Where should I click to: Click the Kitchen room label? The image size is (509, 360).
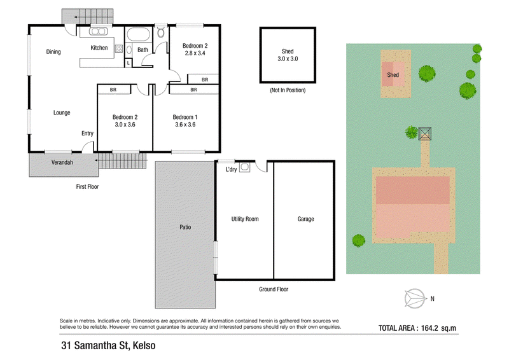click(99, 48)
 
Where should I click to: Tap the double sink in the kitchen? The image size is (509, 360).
click(99, 32)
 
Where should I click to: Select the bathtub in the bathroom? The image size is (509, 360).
click(138, 35)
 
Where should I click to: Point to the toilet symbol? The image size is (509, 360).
click(161, 32)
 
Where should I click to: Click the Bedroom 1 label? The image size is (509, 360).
click(185, 117)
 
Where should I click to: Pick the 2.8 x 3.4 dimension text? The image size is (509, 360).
click(195, 53)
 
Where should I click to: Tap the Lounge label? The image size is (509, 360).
click(62, 113)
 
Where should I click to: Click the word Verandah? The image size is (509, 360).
click(62, 162)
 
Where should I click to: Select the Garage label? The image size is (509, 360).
click(306, 219)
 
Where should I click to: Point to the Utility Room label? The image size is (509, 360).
click(245, 219)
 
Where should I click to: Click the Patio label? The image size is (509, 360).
click(185, 227)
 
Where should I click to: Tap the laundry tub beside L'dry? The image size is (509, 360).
click(245, 167)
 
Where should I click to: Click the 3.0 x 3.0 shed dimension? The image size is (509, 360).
click(288, 59)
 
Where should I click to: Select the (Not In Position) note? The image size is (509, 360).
click(288, 90)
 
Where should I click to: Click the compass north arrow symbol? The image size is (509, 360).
click(415, 299)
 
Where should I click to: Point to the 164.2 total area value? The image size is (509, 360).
click(430, 328)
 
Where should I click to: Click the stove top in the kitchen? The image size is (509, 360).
click(119, 49)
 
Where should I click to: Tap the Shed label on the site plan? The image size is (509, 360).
click(393, 75)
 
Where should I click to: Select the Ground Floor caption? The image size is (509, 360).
click(274, 289)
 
